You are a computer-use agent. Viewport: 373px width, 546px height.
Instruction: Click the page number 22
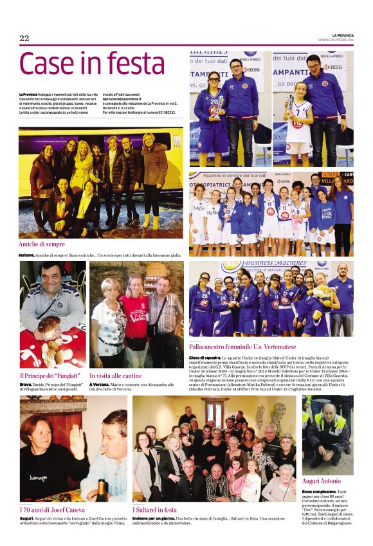pos(24,39)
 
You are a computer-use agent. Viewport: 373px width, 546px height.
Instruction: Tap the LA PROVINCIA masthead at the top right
pos(342,35)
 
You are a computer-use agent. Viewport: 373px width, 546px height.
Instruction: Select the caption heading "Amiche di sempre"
pos(42,244)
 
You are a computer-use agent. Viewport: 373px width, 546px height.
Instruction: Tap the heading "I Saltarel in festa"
pos(154,509)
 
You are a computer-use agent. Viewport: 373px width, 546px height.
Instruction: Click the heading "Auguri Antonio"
pos(322,480)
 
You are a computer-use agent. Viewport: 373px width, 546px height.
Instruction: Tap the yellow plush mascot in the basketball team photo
pos(320,296)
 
